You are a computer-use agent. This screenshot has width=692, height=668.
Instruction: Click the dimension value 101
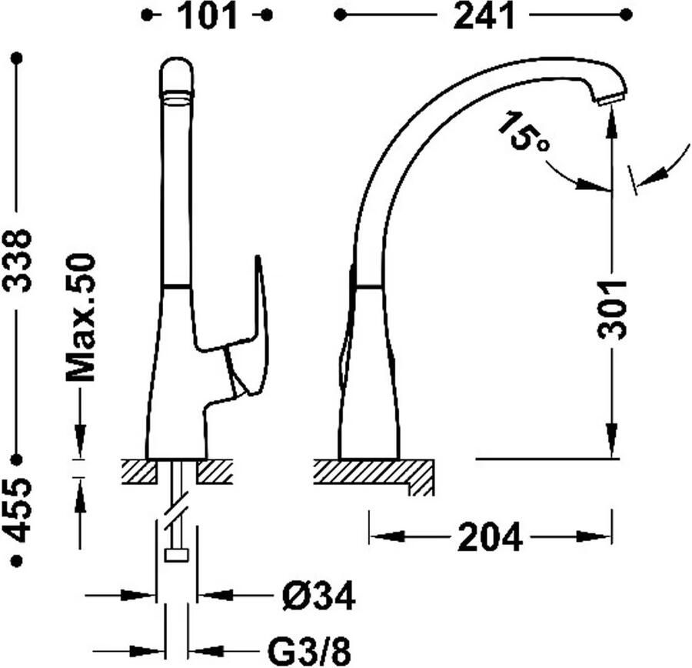coord(207,16)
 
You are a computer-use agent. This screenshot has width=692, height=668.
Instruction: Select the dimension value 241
coord(484,16)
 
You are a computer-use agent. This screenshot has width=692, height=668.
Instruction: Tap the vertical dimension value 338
coord(17,261)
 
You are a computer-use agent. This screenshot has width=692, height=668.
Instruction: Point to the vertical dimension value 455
coord(17,510)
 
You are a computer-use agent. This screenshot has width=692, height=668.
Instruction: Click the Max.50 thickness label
coord(80,317)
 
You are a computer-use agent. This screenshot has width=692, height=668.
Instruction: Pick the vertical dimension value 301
coord(612,309)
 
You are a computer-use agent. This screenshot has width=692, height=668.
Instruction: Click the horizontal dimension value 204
coord(490,537)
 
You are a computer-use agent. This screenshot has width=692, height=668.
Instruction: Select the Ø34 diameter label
coord(318,596)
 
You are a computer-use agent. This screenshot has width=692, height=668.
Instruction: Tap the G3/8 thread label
coord(309,650)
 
